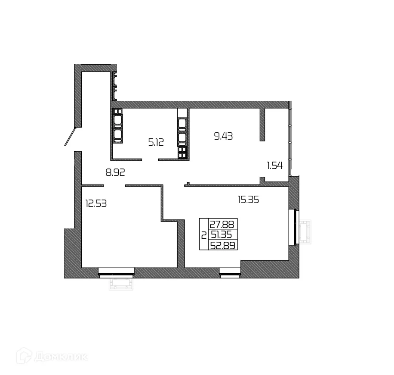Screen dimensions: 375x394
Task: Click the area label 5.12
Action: pyautogui.click(x=156, y=142)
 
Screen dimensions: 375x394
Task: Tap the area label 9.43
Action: pyautogui.click(x=223, y=136)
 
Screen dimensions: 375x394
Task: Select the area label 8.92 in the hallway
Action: pyautogui.click(x=115, y=172)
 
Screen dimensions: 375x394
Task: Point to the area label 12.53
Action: pyautogui.click(x=96, y=203)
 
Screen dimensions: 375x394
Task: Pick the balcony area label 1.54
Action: pyautogui.click(x=275, y=166)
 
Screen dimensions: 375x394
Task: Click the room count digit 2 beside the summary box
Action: pyautogui.click(x=203, y=235)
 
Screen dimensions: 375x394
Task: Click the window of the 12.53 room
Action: pyautogui.click(x=116, y=271)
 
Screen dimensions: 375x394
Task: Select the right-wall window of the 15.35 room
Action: pyautogui.click(x=295, y=227)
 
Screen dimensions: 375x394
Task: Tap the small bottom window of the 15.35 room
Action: pyautogui.click(x=229, y=271)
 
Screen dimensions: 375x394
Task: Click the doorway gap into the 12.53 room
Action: pyautogui.click(x=114, y=185)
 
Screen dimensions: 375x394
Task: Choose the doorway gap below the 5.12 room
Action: pyautogui.click(x=150, y=160)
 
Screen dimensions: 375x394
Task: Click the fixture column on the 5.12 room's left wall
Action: pyautogui.click(x=117, y=125)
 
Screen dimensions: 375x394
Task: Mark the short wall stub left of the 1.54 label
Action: pyautogui.click(x=262, y=125)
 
